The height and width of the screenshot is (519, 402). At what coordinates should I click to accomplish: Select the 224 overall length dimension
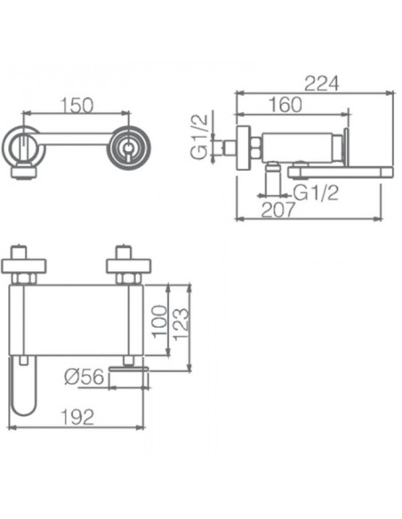321,84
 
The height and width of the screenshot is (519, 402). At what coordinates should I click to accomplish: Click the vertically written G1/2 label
201,136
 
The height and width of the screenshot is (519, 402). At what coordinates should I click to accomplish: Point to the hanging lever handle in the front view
22,387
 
